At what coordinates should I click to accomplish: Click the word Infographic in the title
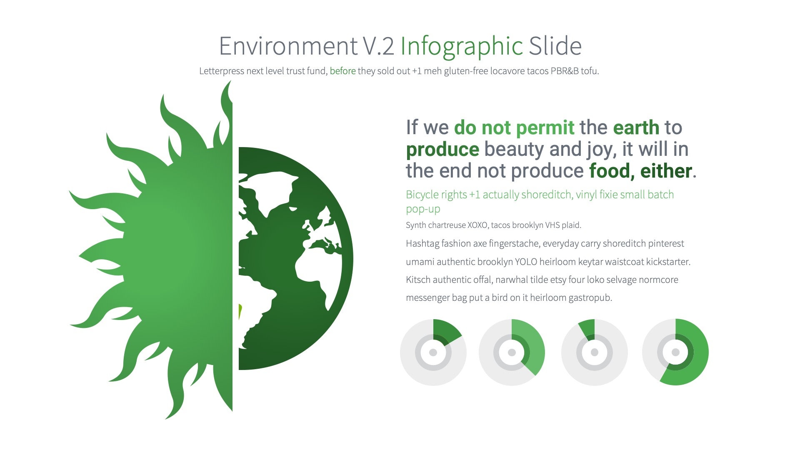point(461,46)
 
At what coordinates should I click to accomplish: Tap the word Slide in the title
point(555,46)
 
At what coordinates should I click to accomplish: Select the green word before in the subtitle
point(342,71)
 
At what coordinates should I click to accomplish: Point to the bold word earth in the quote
point(636,127)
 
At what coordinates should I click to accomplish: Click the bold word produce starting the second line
point(442,149)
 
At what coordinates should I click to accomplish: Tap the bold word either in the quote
point(666,171)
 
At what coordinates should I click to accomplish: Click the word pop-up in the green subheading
point(423,209)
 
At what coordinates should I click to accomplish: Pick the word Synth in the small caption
point(416,225)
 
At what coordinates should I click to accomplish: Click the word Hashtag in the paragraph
point(422,243)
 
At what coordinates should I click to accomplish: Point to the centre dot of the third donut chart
point(595,352)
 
